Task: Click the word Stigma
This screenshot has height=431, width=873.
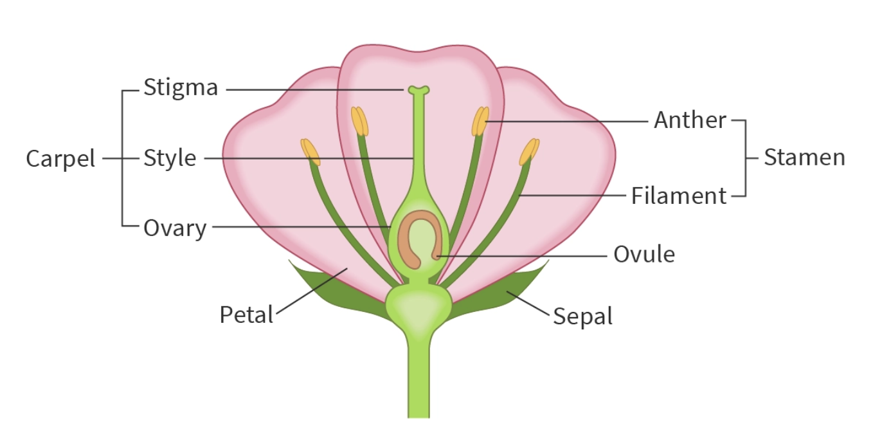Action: [181, 88]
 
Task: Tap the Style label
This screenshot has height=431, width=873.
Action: [170, 158]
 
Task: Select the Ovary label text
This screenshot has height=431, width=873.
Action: [175, 228]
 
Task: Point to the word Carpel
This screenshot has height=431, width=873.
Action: [60, 158]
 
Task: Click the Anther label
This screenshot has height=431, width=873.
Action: [690, 120]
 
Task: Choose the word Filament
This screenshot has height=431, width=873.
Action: [678, 196]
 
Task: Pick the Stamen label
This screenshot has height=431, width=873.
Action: [804, 158]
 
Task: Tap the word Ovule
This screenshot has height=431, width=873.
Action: [643, 255]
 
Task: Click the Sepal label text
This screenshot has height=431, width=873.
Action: [582, 316]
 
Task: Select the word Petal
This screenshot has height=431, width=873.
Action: [246, 315]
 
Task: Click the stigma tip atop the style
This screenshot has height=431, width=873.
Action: [418, 91]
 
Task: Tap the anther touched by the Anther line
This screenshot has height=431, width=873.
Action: [480, 122]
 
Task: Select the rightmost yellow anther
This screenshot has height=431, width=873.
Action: [529, 152]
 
